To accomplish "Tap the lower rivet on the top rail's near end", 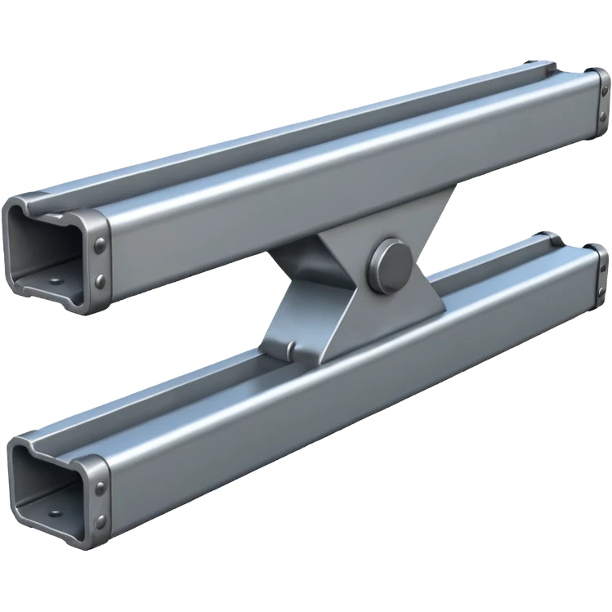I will (x=99, y=280).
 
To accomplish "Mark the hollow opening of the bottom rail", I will (x=45, y=482).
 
